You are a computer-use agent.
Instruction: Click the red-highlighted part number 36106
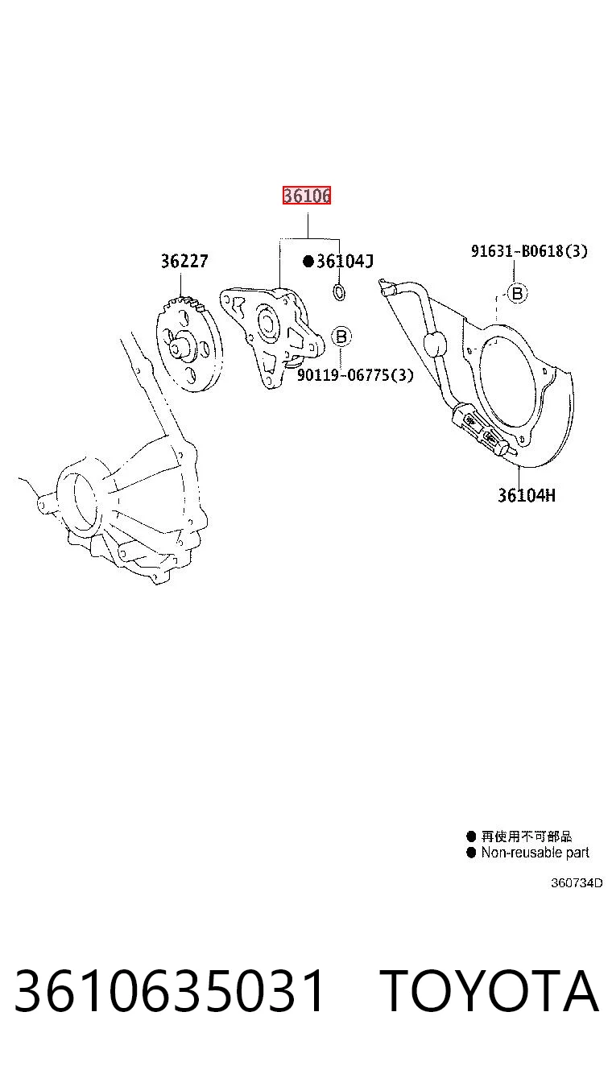pos(307,196)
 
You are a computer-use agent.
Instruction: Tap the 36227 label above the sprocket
pos(184,262)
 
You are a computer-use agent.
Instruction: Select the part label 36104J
pos(345,262)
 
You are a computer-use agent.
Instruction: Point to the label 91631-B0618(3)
pos(529,250)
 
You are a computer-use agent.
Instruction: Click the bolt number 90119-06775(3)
pos(355,374)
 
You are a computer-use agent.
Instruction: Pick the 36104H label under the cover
pos(526,495)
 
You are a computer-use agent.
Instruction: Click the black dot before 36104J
pos(308,262)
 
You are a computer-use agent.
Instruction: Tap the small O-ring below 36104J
pos(339,292)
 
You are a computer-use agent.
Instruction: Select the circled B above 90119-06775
pos(341,336)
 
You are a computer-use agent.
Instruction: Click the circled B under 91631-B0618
pos(517,293)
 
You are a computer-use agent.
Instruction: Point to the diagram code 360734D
pos(577,882)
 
